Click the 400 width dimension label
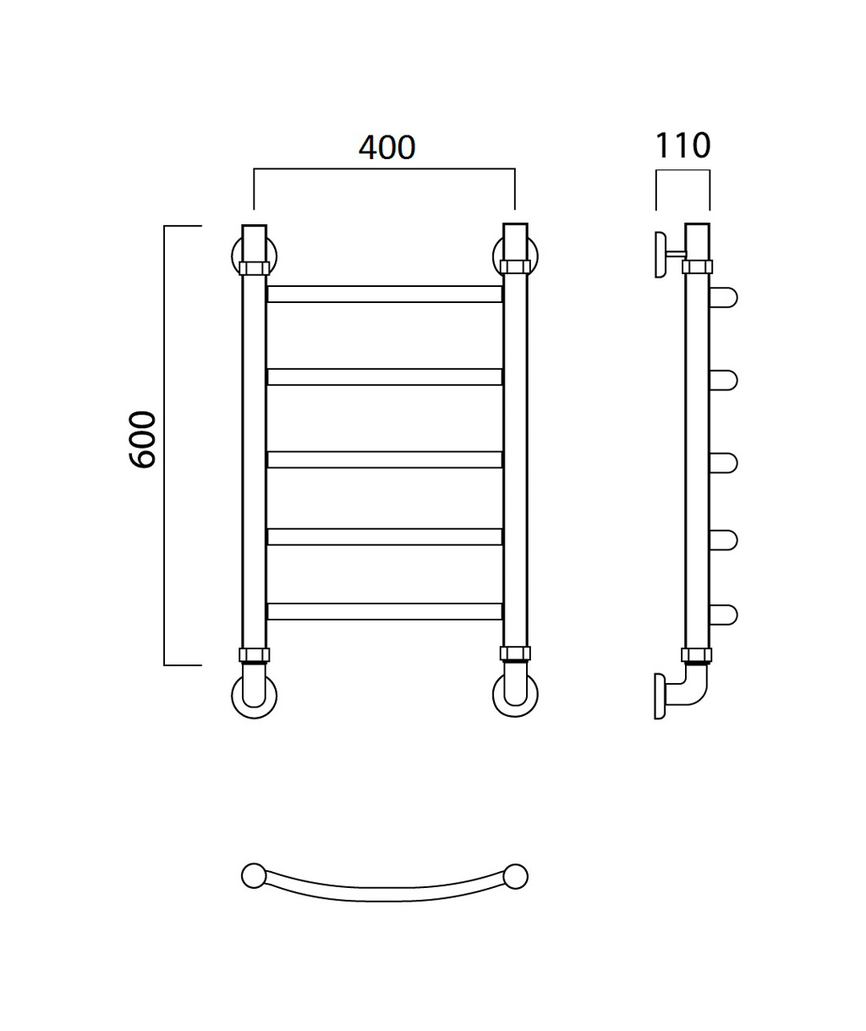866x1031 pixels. (386, 147)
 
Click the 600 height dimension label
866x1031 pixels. (142, 439)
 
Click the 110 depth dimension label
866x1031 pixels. (682, 146)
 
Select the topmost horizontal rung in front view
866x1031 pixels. (385, 294)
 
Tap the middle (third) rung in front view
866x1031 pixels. (385, 460)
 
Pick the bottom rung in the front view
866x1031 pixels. (385, 611)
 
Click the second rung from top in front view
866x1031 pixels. (385, 377)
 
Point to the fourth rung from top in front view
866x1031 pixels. (385, 537)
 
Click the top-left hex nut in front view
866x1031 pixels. (254, 268)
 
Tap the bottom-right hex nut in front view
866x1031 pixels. (515, 653)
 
